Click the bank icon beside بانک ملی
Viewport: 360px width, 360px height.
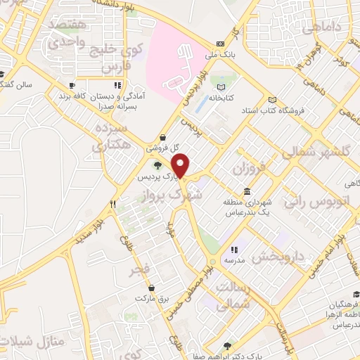(x=221, y=43)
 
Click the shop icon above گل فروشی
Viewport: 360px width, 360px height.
(x=163, y=138)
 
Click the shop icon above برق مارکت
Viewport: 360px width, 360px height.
(x=152, y=287)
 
